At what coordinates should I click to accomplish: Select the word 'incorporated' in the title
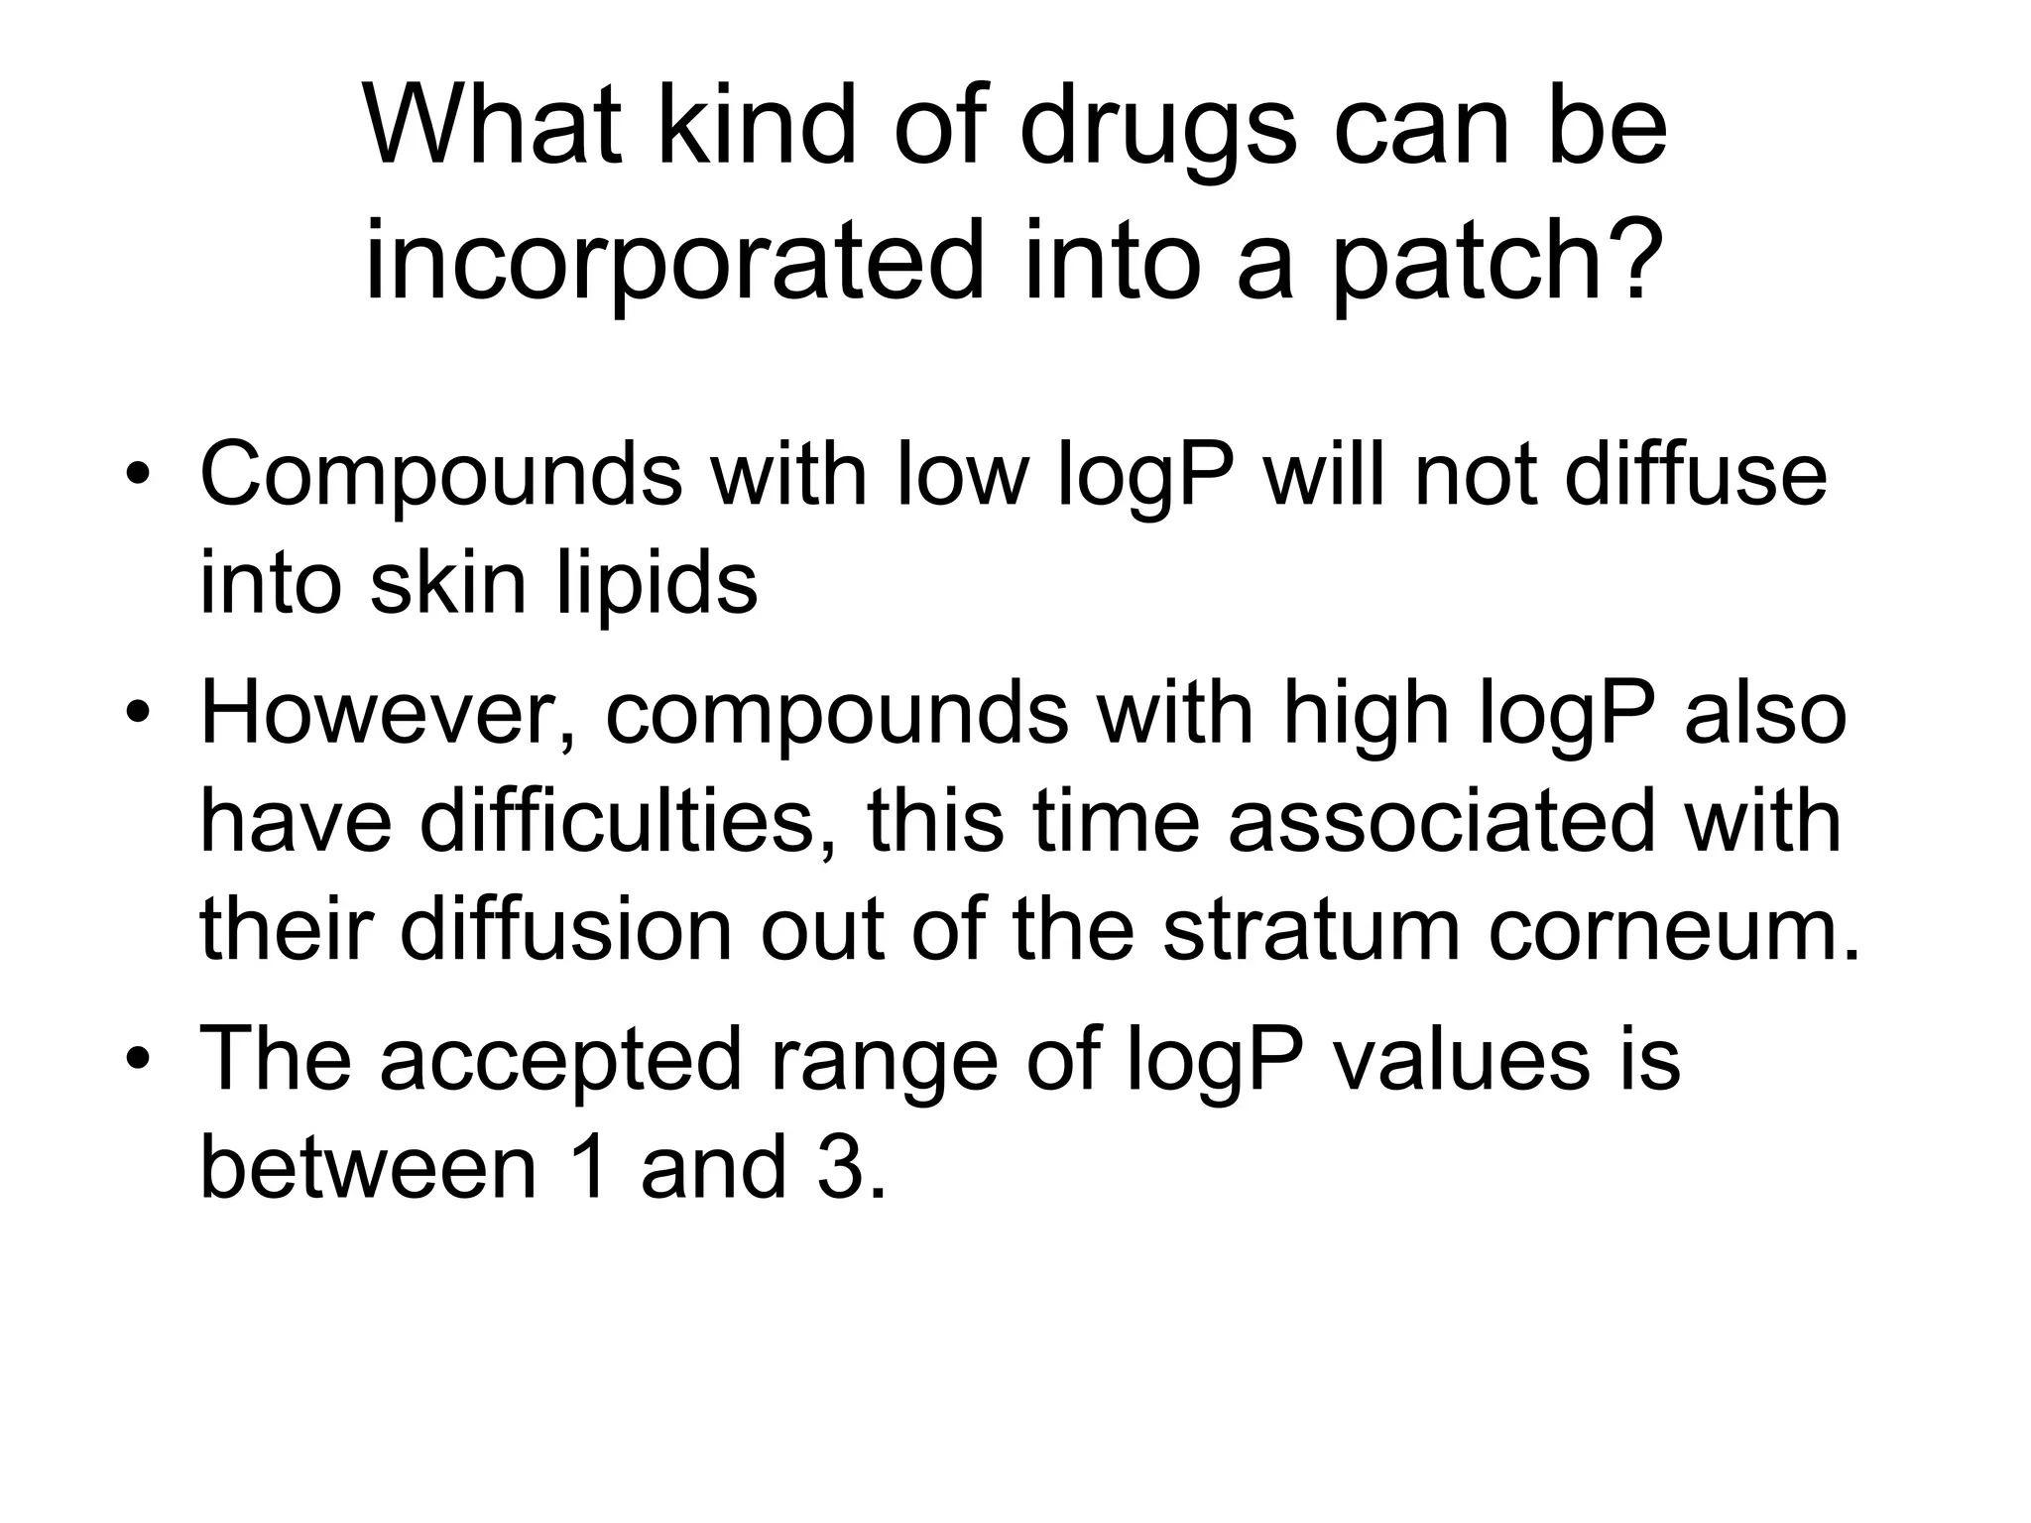coord(674,262)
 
